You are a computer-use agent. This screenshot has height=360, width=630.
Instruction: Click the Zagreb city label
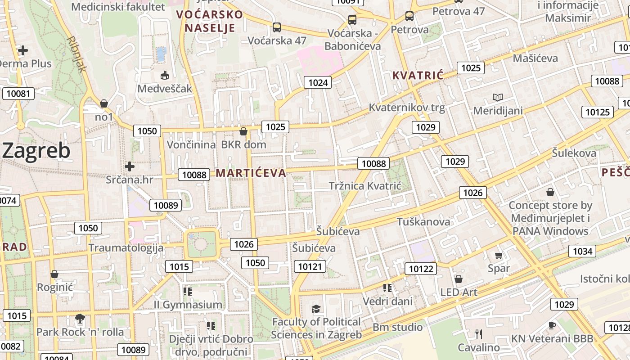[x=36, y=151]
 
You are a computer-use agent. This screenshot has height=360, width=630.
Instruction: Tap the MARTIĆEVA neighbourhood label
[x=251, y=173]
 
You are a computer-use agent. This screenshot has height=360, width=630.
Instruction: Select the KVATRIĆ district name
[x=418, y=75]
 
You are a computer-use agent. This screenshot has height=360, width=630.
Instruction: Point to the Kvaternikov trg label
[x=407, y=108]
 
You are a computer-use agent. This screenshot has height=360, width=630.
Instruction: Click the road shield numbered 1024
[x=318, y=82]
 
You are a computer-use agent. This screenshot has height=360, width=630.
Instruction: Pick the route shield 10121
[x=310, y=267]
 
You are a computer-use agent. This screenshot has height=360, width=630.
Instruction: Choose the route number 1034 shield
[x=582, y=251]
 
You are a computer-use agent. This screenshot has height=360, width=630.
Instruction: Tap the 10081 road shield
[x=18, y=94]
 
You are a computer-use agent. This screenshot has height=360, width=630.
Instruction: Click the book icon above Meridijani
[x=497, y=97]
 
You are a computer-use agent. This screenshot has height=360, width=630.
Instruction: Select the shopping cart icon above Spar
[x=499, y=256]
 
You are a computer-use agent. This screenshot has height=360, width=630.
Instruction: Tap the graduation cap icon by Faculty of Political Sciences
[x=316, y=309]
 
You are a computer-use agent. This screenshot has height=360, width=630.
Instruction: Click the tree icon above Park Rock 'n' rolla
[x=80, y=319]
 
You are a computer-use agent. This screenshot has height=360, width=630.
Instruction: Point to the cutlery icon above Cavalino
[x=478, y=334]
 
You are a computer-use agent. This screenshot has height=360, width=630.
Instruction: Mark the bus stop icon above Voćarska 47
[x=277, y=27]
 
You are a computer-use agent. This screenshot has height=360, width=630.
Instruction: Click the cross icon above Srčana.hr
[x=130, y=166]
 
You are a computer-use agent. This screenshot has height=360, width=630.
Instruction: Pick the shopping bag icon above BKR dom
[x=243, y=131]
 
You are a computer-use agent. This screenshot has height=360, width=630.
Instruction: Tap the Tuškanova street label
[x=423, y=222]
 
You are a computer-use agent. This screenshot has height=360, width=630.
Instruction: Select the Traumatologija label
[x=126, y=248]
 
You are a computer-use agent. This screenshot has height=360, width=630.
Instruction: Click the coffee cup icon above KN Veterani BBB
[x=552, y=325]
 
